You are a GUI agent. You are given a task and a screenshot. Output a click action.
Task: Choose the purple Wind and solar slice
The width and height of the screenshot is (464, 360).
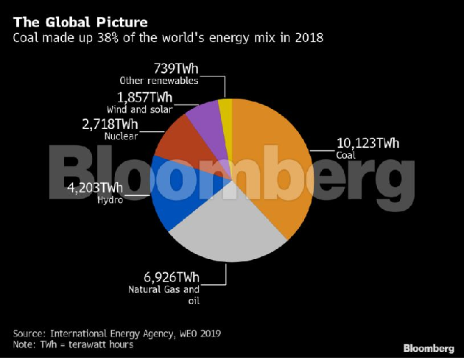[205, 118]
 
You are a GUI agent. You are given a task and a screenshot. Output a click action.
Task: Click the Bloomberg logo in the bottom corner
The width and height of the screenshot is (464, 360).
[428, 347]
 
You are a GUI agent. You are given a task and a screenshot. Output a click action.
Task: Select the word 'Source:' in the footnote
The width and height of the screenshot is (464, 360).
[29, 333]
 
